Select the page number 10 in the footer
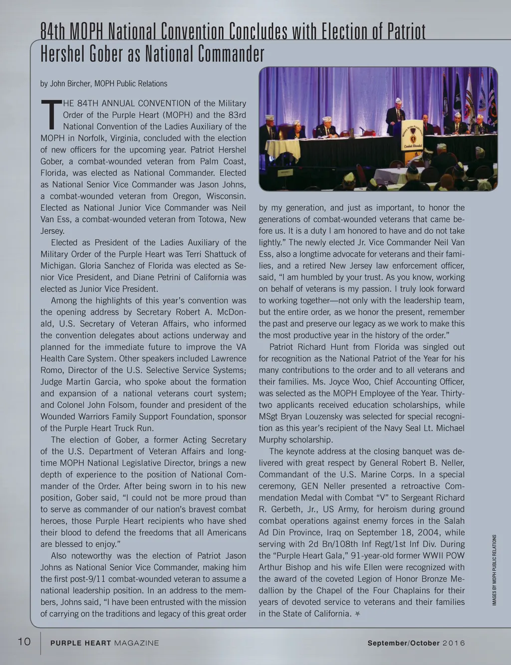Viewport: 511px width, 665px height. point(24,642)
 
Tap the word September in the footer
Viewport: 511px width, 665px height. point(387,643)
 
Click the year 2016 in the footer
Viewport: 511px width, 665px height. point(454,643)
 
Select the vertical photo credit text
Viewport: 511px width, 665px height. point(494,569)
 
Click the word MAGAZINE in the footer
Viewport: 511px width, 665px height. point(136,643)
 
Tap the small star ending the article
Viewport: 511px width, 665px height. point(357,614)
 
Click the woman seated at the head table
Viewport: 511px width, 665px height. point(297,131)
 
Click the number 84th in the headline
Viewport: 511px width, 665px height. point(53,32)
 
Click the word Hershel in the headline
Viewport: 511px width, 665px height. point(62,53)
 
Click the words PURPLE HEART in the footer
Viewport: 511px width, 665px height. point(80,643)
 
